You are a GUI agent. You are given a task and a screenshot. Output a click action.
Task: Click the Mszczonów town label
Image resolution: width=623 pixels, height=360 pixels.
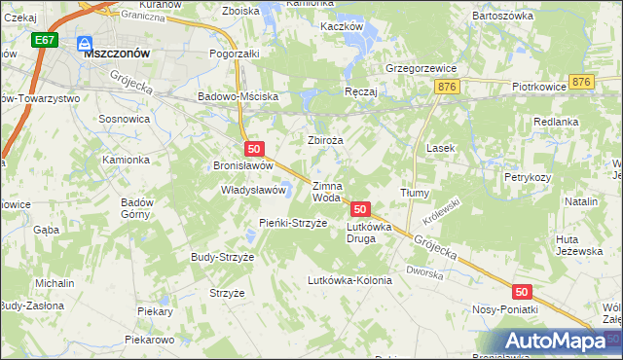(x=116, y=54)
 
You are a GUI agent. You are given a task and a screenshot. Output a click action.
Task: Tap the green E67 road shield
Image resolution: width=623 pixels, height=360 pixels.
(x=44, y=41)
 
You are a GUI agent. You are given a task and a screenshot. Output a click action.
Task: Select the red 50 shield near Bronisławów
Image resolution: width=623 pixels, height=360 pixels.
(x=253, y=149)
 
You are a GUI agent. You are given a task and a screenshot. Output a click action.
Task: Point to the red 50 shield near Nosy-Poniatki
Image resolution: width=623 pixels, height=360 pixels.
(x=523, y=292)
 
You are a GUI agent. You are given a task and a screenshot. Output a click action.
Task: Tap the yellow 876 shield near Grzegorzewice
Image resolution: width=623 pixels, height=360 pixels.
(x=448, y=88)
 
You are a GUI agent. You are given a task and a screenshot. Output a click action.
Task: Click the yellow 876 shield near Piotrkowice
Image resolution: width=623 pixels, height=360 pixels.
(x=582, y=83)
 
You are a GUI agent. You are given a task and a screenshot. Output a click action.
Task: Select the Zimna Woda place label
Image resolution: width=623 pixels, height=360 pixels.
(x=326, y=191)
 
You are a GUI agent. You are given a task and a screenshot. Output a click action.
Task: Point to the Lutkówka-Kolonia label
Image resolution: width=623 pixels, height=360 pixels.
(x=348, y=280)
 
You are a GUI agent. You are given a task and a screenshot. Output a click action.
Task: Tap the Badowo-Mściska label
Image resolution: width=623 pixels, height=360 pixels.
(x=238, y=97)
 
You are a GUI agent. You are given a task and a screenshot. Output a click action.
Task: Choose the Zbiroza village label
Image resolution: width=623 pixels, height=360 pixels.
(x=326, y=140)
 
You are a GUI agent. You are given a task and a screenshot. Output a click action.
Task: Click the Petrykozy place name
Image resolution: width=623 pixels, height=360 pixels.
(x=528, y=178)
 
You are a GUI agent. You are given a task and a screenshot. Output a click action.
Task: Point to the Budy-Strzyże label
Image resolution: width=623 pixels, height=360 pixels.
(x=222, y=257)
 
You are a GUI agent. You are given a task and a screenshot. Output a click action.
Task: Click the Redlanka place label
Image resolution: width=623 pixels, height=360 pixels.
(x=557, y=122)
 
